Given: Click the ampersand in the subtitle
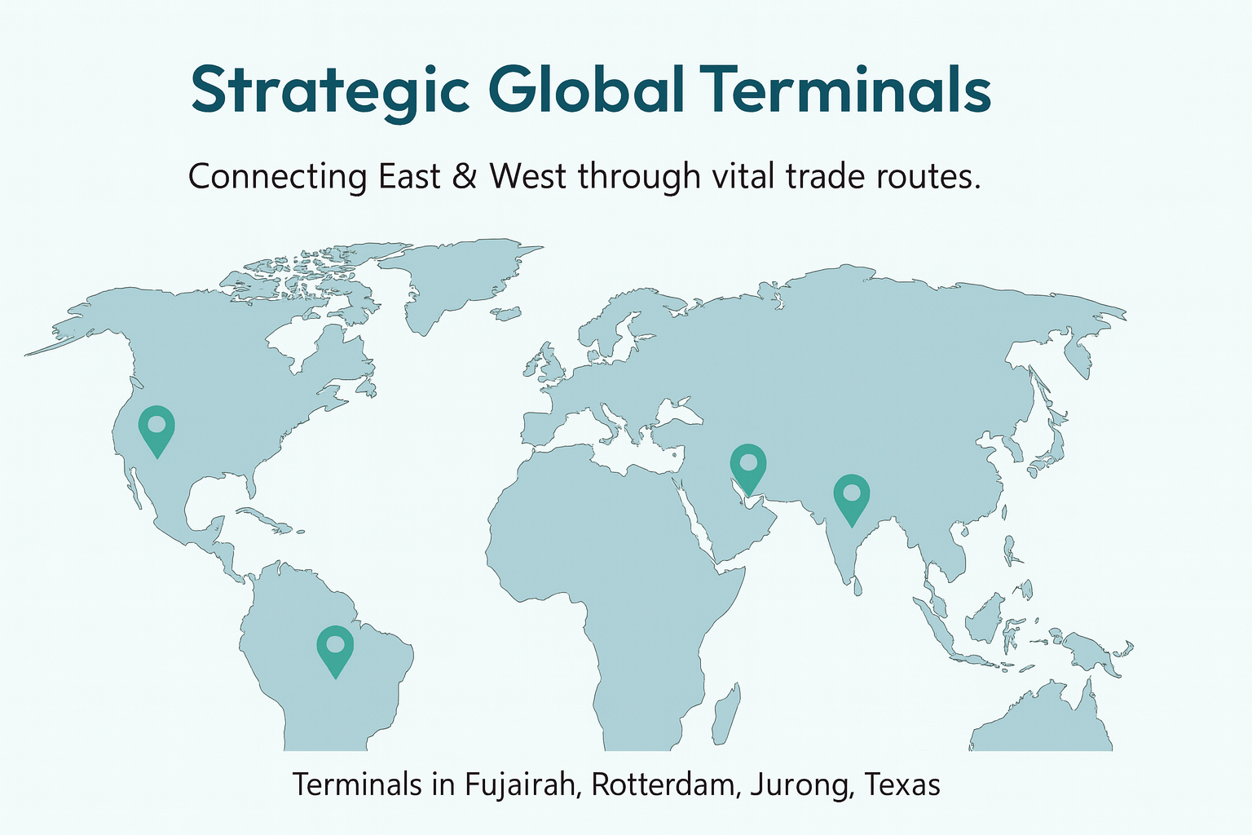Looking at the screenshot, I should (x=464, y=176).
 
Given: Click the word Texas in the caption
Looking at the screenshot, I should (x=902, y=784).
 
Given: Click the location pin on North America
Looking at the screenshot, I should (x=156, y=428).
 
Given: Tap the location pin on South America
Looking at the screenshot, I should (x=335, y=648).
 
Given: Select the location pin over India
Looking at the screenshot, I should (x=852, y=497).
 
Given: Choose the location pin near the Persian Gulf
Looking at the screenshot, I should (x=748, y=466).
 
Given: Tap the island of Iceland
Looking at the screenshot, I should (x=506, y=314).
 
